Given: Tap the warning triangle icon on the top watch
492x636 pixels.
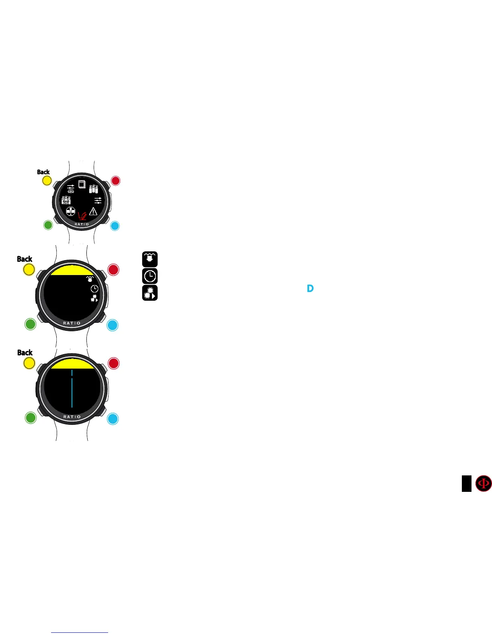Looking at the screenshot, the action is (x=93, y=211).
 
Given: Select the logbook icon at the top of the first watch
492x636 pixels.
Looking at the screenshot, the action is (x=82, y=184).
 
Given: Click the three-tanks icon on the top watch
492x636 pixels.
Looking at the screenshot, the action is (x=93, y=189).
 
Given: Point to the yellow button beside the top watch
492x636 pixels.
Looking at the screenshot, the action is (x=47, y=181).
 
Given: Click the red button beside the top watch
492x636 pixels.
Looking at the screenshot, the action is (x=115, y=181).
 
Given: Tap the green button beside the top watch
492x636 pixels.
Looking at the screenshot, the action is (x=48, y=225).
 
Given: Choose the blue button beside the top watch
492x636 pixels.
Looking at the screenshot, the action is (x=115, y=226).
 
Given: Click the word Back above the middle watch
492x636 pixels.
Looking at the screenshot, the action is (x=25, y=259).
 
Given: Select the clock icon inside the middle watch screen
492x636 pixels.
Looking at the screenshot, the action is (x=94, y=289).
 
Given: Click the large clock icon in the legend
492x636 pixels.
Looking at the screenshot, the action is (x=150, y=276).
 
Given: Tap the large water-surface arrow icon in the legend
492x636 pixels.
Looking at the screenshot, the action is (x=150, y=259).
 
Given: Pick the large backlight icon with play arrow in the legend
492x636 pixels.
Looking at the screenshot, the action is (x=150, y=293).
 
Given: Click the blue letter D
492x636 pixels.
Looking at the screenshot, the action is (x=310, y=288).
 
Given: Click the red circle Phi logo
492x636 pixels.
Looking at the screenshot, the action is (x=483, y=483).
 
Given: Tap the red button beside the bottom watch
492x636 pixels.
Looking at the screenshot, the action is (x=113, y=363).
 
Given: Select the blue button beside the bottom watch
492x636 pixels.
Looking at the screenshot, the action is (x=113, y=419).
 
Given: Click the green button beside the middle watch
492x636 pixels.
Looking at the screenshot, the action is (x=30, y=324).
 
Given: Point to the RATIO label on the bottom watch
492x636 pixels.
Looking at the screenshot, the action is (x=72, y=417).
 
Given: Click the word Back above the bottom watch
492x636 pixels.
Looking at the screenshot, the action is (x=25, y=353).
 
